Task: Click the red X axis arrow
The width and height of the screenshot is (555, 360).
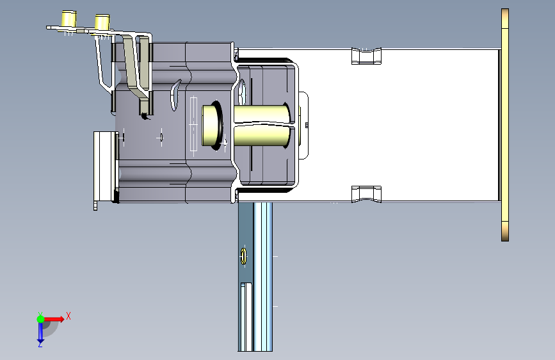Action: (54, 319)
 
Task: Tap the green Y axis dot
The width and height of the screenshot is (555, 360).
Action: (40, 319)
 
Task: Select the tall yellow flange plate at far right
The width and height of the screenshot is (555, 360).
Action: (505, 125)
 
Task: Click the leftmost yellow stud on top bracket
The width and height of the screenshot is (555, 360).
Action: (69, 19)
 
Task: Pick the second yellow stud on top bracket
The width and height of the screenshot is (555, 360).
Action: (102, 22)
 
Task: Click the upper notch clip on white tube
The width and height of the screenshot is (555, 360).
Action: (366, 56)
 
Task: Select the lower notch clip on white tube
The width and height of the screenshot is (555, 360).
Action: (366, 194)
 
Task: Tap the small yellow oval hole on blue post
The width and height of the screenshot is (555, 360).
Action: (243, 256)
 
